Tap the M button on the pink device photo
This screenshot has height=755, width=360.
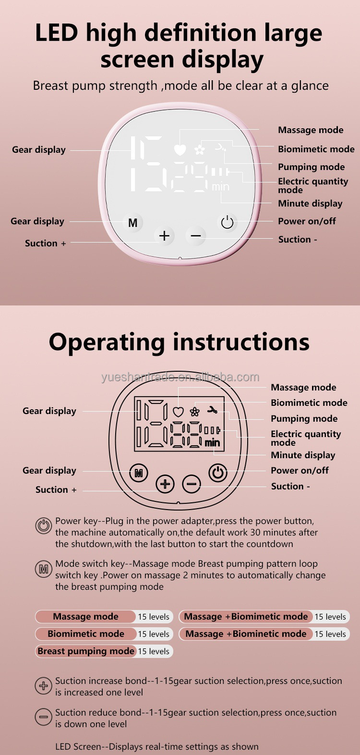click(132, 222)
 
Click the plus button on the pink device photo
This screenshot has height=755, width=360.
click(164, 236)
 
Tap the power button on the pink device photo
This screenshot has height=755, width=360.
click(227, 222)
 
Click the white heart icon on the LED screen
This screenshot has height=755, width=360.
click(180, 150)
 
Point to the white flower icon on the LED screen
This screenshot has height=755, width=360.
click(199, 149)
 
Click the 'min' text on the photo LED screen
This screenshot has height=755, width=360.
click(221, 186)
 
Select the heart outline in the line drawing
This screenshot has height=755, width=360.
click(178, 412)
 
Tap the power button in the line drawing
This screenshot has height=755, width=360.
click(218, 473)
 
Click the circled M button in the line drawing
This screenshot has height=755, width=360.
click(139, 473)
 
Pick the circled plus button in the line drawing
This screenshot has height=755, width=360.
click(165, 484)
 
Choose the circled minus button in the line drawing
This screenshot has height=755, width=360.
click(192, 484)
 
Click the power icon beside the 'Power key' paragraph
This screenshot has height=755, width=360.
click(44, 526)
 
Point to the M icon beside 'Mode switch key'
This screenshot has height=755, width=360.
click(44, 569)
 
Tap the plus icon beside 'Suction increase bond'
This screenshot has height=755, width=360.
click(44, 685)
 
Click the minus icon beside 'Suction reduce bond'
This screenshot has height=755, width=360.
click(44, 717)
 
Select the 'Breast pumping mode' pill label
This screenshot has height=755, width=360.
click(86, 651)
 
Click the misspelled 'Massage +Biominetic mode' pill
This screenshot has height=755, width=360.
click(246, 634)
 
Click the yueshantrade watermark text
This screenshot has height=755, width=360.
click(180, 377)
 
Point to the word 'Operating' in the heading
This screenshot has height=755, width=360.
click(107, 343)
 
